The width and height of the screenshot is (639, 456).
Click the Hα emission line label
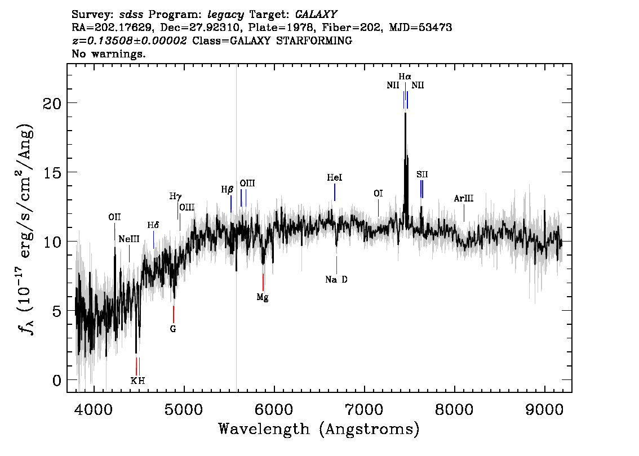405,76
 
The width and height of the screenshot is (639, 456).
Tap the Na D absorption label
336,279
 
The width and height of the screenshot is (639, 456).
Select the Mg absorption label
263,297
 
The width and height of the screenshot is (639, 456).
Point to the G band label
173,329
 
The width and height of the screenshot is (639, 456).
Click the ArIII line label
464,198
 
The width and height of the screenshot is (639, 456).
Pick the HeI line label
335,177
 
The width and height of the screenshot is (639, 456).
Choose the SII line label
422,175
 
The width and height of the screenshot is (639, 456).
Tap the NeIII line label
129,239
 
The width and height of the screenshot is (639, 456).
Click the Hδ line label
153,225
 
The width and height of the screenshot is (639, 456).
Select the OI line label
378,194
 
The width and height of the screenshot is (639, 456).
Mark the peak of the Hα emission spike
405,113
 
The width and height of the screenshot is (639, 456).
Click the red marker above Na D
336,265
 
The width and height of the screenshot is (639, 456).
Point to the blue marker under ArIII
464,213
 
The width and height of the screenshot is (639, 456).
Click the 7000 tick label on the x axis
365,409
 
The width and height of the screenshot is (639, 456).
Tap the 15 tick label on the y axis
52,173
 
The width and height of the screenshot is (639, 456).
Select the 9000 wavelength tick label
544,409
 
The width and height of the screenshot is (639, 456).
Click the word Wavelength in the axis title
264,429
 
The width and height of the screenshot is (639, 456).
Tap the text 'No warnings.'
108,53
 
